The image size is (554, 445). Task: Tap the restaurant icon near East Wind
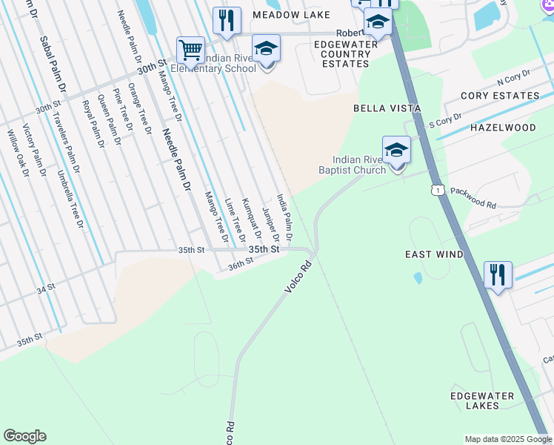coord(498,274)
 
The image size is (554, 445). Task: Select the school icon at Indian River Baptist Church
coord(397,150)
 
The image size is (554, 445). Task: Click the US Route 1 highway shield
coord(439,191)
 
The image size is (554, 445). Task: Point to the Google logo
coord(24,436)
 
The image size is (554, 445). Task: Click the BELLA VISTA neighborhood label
coord(387,108)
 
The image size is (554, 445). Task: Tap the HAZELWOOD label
coord(503,128)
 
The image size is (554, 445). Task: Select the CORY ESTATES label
coord(500,96)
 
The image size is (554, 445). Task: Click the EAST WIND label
coord(434,254)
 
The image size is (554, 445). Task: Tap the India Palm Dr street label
coord(284,218)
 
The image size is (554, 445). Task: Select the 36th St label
coord(241,264)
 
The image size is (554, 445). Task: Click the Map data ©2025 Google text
coord(508,439)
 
